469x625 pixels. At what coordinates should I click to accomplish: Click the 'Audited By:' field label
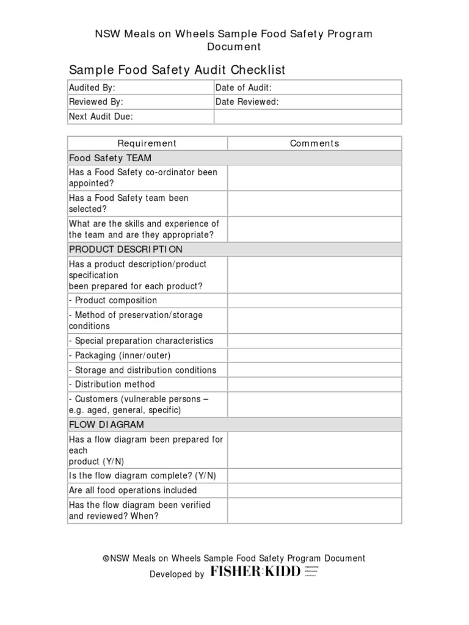(92, 88)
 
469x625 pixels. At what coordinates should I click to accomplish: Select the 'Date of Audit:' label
(244, 88)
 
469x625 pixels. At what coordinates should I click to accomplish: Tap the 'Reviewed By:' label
(96, 102)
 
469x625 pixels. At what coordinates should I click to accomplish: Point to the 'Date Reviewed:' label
(247, 102)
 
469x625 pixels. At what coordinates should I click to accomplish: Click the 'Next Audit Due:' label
(101, 117)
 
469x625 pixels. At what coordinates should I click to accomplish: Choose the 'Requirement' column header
(147, 143)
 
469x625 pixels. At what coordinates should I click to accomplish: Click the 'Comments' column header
(314, 143)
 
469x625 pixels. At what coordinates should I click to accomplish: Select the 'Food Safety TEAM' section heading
(110, 158)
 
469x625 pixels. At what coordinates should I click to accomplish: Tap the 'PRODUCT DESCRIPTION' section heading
(125, 250)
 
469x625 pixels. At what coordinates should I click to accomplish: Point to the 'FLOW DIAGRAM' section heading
(106, 424)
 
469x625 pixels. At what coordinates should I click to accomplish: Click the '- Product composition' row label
(113, 300)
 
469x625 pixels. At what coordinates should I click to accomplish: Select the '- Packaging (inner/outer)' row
(120, 355)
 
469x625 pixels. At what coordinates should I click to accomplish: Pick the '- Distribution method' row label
(112, 385)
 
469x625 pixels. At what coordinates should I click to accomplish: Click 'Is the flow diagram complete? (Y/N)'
(142, 475)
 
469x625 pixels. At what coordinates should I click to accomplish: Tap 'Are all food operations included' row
(133, 490)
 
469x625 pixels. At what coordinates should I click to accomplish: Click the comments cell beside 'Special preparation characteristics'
(314, 341)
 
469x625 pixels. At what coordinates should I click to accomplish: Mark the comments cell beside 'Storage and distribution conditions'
(314, 370)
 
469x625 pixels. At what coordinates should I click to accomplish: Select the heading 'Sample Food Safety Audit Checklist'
(177, 70)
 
